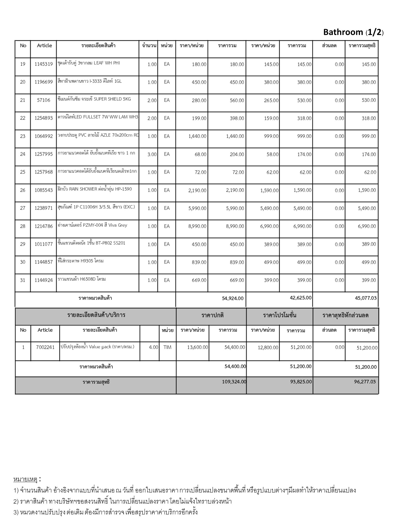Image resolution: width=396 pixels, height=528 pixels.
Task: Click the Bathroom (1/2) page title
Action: [353, 32]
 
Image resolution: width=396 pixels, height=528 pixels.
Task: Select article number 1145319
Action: [44, 64]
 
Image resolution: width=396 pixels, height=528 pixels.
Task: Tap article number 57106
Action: [44, 100]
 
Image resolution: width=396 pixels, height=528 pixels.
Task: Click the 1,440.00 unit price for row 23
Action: [197, 136]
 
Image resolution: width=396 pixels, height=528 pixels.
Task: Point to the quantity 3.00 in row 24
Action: [152, 154]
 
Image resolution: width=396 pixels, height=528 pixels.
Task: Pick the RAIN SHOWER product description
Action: [95, 189]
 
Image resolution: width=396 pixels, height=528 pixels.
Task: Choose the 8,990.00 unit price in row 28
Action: [197, 226]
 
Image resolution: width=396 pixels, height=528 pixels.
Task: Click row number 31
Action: [23, 280]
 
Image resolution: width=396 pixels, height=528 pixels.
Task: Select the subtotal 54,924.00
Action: [233, 298]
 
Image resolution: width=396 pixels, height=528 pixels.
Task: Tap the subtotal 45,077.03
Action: [366, 298]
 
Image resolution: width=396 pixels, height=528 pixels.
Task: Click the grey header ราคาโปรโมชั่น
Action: [279, 315]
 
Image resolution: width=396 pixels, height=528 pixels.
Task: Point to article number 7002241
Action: [45, 347]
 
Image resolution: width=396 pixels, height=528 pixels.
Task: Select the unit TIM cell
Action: [167, 347]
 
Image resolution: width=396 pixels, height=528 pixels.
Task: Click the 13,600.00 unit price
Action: [197, 347]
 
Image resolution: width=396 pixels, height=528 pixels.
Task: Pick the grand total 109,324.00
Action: [234, 382]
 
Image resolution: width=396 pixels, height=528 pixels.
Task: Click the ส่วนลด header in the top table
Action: [329, 46]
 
